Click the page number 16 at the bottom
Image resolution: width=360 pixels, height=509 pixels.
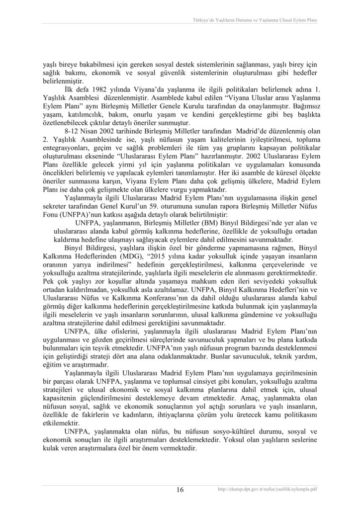click(180, 490)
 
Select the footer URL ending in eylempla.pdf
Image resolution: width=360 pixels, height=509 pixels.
click(268, 490)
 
